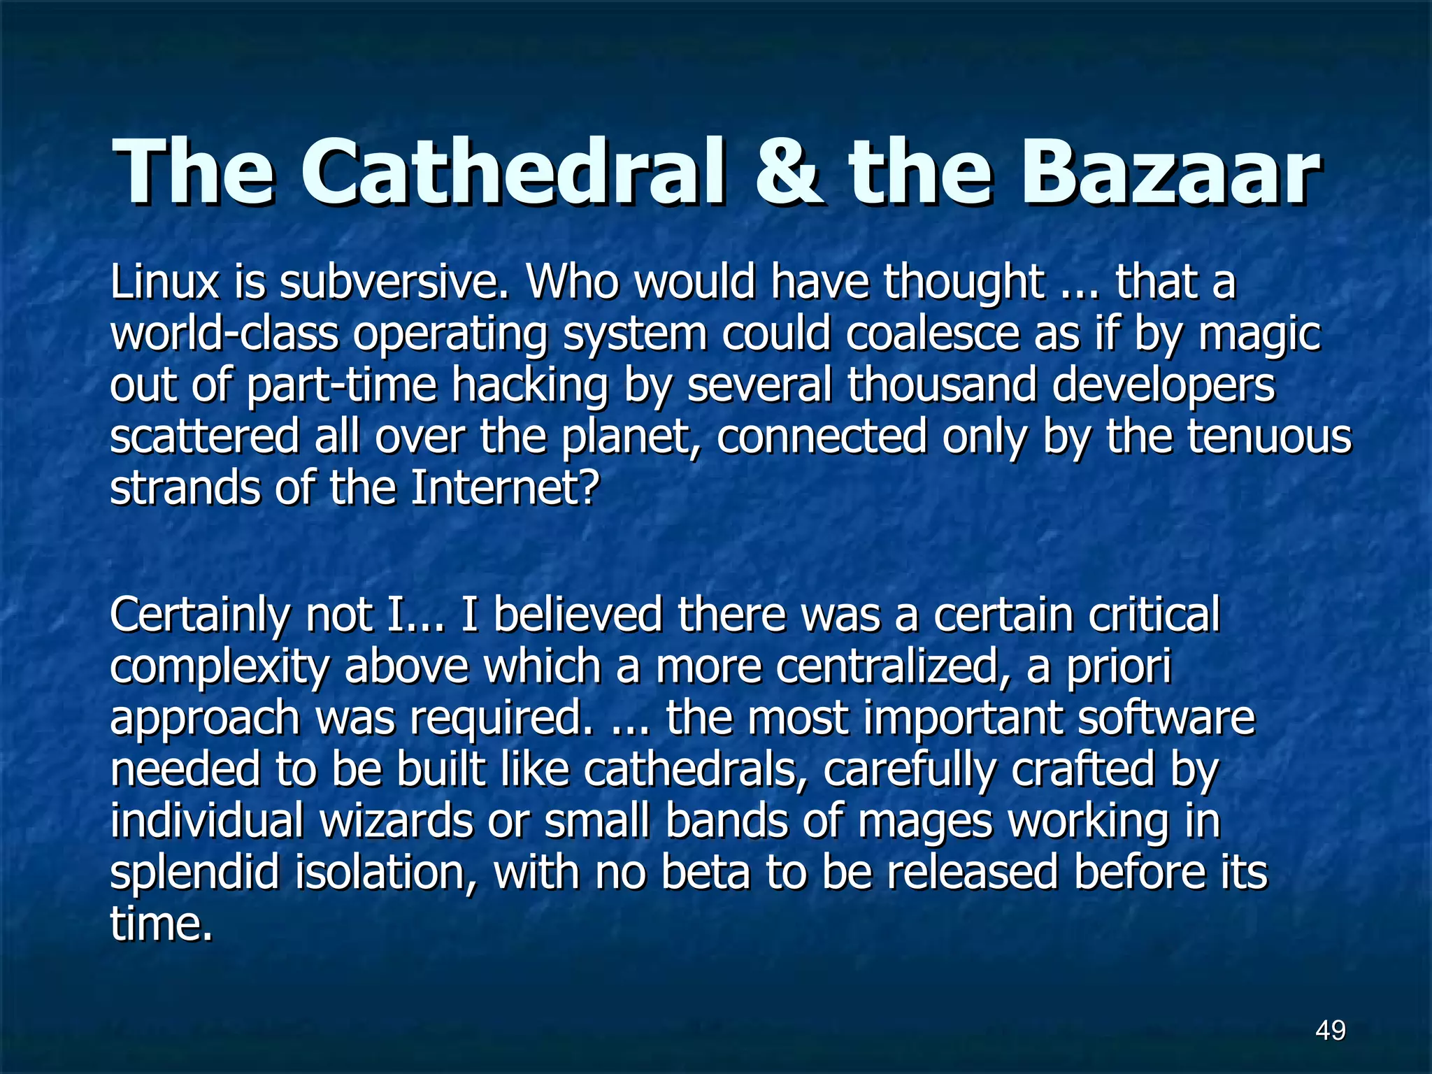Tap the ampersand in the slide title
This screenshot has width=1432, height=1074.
coord(789,171)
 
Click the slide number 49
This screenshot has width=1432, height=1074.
coord(1330,1030)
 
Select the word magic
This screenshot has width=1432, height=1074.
coord(1259,334)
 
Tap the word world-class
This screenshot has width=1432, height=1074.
coord(224,334)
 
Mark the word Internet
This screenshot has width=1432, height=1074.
coord(504,488)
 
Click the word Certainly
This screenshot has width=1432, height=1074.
coord(199,615)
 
